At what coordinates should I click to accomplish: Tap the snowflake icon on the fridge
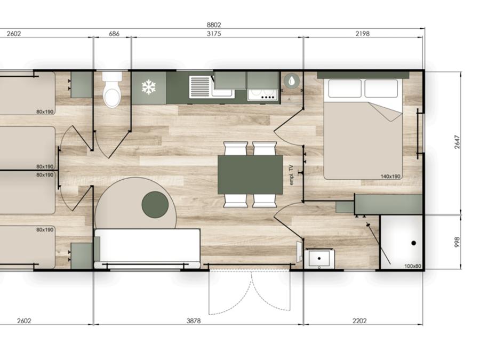tap(149, 87)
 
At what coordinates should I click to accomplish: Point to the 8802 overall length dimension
tap(214, 25)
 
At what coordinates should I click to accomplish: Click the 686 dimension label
tap(114, 34)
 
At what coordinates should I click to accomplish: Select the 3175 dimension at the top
tap(214, 34)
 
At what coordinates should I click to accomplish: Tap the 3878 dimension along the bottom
tap(194, 321)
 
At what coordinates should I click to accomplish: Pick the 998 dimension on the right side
tap(457, 242)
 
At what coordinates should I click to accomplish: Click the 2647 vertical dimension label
tap(457, 142)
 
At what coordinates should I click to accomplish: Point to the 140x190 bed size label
tap(390, 177)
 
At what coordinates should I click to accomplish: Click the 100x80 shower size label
tap(413, 266)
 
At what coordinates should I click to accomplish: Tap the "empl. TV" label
tap(291, 175)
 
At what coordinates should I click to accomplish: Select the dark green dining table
tap(250, 174)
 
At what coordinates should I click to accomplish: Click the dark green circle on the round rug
tap(155, 205)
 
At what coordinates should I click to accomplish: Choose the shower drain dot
tap(413, 243)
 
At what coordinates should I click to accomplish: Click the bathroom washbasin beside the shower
tap(319, 259)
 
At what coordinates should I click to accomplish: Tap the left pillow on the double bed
tap(345, 89)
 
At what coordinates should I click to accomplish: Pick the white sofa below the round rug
tap(147, 248)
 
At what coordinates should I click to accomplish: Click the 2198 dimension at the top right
tap(363, 34)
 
